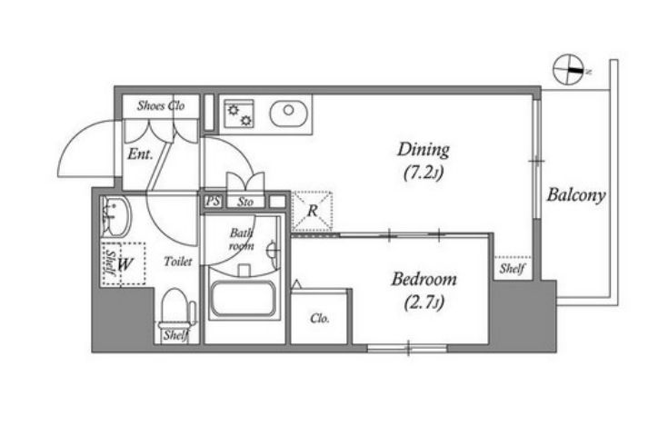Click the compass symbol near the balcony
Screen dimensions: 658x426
pyautogui.click(x=569, y=70)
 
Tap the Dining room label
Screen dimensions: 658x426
pyautogui.click(x=424, y=150)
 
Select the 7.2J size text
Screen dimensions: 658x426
pyautogui.click(x=424, y=173)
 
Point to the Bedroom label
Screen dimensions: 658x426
pyautogui.click(x=424, y=279)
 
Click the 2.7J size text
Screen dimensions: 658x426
pyautogui.click(x=424, y=302)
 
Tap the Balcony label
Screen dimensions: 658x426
pyautogui.click(x=576, y=195)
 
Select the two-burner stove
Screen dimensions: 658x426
pyautogui.click(x=239, y=114)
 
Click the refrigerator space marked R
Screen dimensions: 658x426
pyautogui.click(x=312, y=211)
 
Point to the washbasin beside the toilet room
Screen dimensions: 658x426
pyautogui.click(x=115, y=217)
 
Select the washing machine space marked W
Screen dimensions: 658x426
pyautogui.click(x=124, y=264)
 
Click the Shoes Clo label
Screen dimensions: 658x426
pyautogui.click(x=161, y=105)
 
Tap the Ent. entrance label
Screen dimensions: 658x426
pyautogui.click(x=140, y=154)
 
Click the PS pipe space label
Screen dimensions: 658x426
pyautogui.click(x=213, y=202)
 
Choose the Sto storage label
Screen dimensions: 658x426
pyautogui.click(x=245, y=202)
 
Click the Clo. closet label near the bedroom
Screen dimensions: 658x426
pyautogui.click(x=320, y=319)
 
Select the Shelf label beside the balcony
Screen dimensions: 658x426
pyautogui.click(x=513, y=269)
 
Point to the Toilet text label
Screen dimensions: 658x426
pyautogui.click(x=178, y=262)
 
